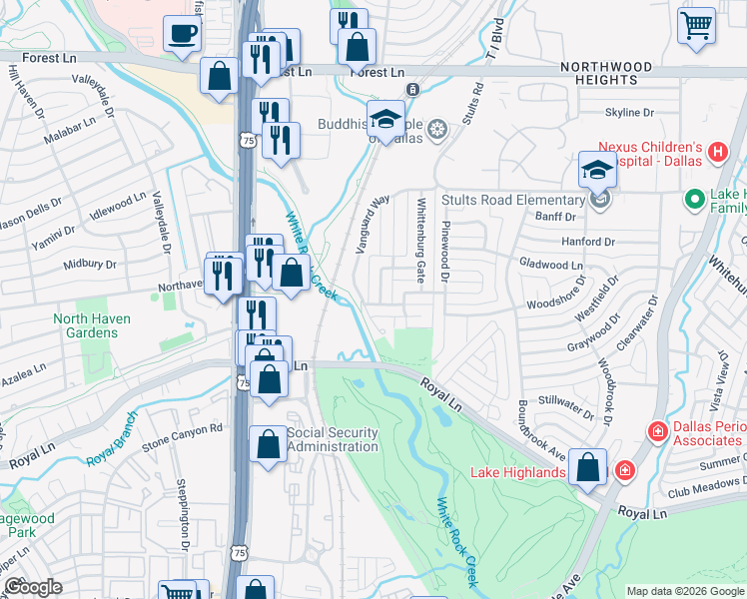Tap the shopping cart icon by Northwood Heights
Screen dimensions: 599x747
[696, 25]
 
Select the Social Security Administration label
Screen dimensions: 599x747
[333, 439]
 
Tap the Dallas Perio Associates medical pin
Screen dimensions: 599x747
[657, 431]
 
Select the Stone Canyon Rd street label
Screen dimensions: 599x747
[182, 429]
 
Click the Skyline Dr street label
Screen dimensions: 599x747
[629, 114]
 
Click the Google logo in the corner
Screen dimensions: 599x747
[33, 587]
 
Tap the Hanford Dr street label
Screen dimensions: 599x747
[587, 242]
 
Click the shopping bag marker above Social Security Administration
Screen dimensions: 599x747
[269, 378]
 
